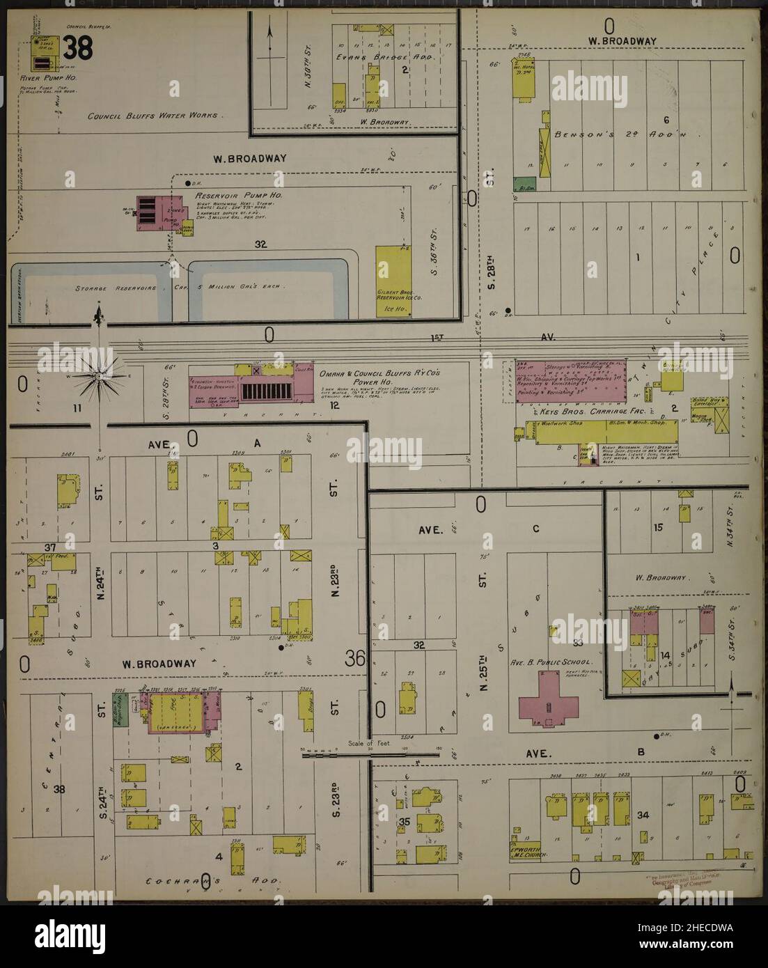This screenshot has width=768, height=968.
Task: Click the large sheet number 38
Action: [x=79, y=47]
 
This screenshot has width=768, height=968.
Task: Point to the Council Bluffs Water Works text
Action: [x=152, y=116]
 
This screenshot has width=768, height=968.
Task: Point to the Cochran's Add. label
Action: [x=213, y=880]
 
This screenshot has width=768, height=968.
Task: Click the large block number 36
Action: [x=354, y=657]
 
